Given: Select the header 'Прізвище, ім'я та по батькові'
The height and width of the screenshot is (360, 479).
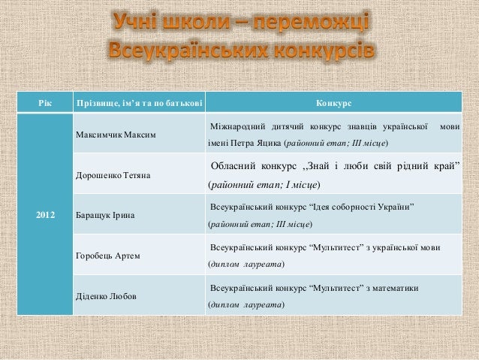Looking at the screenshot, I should pyautogui.click(x=135, y=101).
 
